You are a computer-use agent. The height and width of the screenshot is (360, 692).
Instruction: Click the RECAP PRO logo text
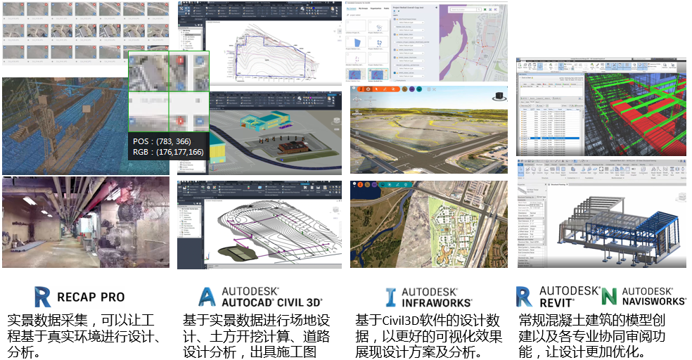pyautogui.click(x=91, y=297)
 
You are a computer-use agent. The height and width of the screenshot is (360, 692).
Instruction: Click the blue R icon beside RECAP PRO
pyautogui.click(x=43, y=296)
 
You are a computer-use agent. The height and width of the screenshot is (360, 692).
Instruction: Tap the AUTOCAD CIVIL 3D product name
pyautogui.click(x=271, y=303)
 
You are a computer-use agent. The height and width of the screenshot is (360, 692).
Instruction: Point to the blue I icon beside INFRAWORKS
pyautogui.click(x=391, y=297)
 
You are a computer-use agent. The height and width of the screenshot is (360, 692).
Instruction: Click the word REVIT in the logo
pyautogui.click(x=557, y=303)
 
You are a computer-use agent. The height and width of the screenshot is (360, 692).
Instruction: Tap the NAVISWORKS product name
pyautogui.click(x=653, y=303)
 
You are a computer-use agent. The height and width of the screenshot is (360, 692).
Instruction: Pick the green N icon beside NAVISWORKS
pyautogui.click(x=609, y=296)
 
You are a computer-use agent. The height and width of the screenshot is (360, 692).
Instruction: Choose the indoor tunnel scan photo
pyautogui.click(x=85, y=221)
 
